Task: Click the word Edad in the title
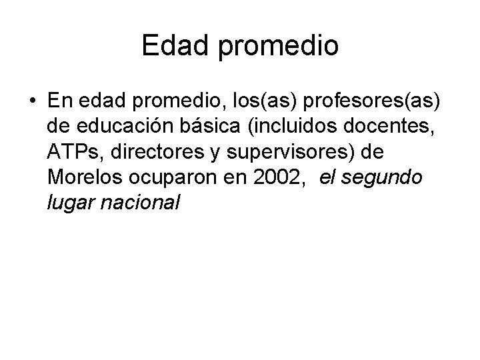pyautogui.click(x=169, y=47)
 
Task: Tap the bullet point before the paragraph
pyautogui.click(x=32, y=101)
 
